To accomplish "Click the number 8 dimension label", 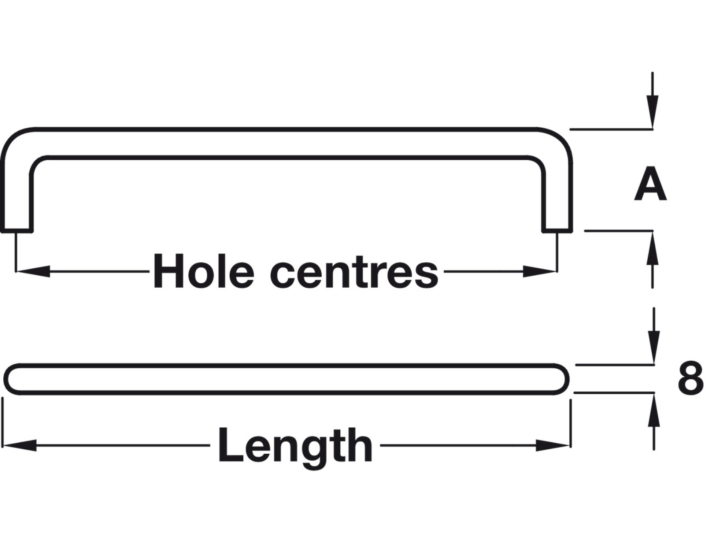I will (x=690, y=378).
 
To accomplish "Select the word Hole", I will (x=203, y=271).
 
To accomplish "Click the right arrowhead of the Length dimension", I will (x=553, y=446).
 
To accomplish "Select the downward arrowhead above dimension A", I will (x=652, y=113).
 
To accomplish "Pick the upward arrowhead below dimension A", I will (x=652, y=248).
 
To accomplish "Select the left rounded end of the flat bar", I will (x=12, y=379).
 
